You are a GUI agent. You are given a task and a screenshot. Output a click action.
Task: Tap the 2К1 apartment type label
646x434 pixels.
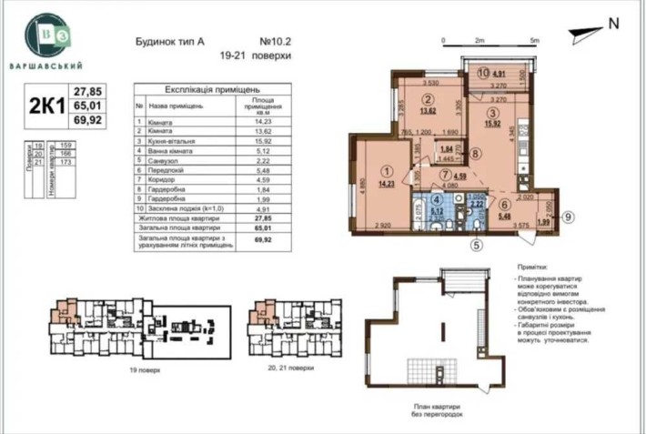click(43, 106)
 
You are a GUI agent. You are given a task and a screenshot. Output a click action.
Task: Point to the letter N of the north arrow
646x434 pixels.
click(612, 25)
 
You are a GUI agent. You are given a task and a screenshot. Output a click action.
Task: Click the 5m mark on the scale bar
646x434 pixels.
click(535, 41)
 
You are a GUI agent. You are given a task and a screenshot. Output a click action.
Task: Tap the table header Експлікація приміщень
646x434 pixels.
click(213, 91)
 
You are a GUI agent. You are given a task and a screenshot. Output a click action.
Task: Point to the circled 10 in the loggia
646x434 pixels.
click(485, 76)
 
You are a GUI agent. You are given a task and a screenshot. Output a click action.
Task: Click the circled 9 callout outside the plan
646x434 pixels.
click(566, 217)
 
